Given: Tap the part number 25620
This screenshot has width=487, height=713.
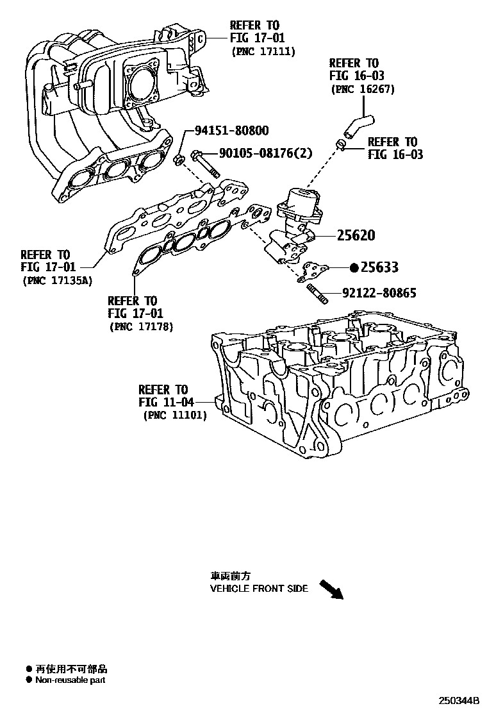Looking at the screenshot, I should (x=355, y=235).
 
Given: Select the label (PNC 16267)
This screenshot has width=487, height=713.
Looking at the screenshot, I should (x=362, y=89).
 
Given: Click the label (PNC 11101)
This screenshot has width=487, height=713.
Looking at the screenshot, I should (x=173, y=415).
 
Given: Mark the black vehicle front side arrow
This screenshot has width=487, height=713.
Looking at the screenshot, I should (x=332, y=589).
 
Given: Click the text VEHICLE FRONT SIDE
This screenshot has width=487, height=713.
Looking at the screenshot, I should (x=259, y=588).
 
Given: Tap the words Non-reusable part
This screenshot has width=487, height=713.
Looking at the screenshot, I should (x=70, y=680).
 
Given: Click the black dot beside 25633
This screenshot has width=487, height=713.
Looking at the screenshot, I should (x=353, y=267).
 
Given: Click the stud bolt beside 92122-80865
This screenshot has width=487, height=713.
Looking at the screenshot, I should (x=315, y=294).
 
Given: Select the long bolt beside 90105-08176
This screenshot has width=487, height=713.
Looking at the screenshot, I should (x=204, y=164).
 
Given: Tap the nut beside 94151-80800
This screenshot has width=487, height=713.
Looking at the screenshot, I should (x=180, y=158).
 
